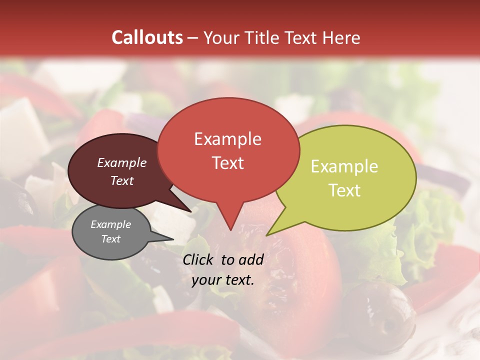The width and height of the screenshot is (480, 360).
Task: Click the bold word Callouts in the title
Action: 147,37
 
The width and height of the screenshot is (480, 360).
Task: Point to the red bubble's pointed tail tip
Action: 230,230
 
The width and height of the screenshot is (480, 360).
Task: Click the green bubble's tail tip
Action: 266,235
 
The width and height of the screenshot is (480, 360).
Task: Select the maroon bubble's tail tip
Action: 190,211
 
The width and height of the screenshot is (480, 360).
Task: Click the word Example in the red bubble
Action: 227,139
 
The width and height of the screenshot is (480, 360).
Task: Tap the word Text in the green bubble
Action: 344,190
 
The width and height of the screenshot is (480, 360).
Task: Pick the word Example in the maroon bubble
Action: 121,162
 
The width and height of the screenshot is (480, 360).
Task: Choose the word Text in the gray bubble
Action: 110,239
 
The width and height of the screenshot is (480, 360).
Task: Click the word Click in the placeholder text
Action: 199,259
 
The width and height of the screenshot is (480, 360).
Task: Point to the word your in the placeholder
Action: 206,280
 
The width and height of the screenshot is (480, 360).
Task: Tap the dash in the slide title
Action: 193,37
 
